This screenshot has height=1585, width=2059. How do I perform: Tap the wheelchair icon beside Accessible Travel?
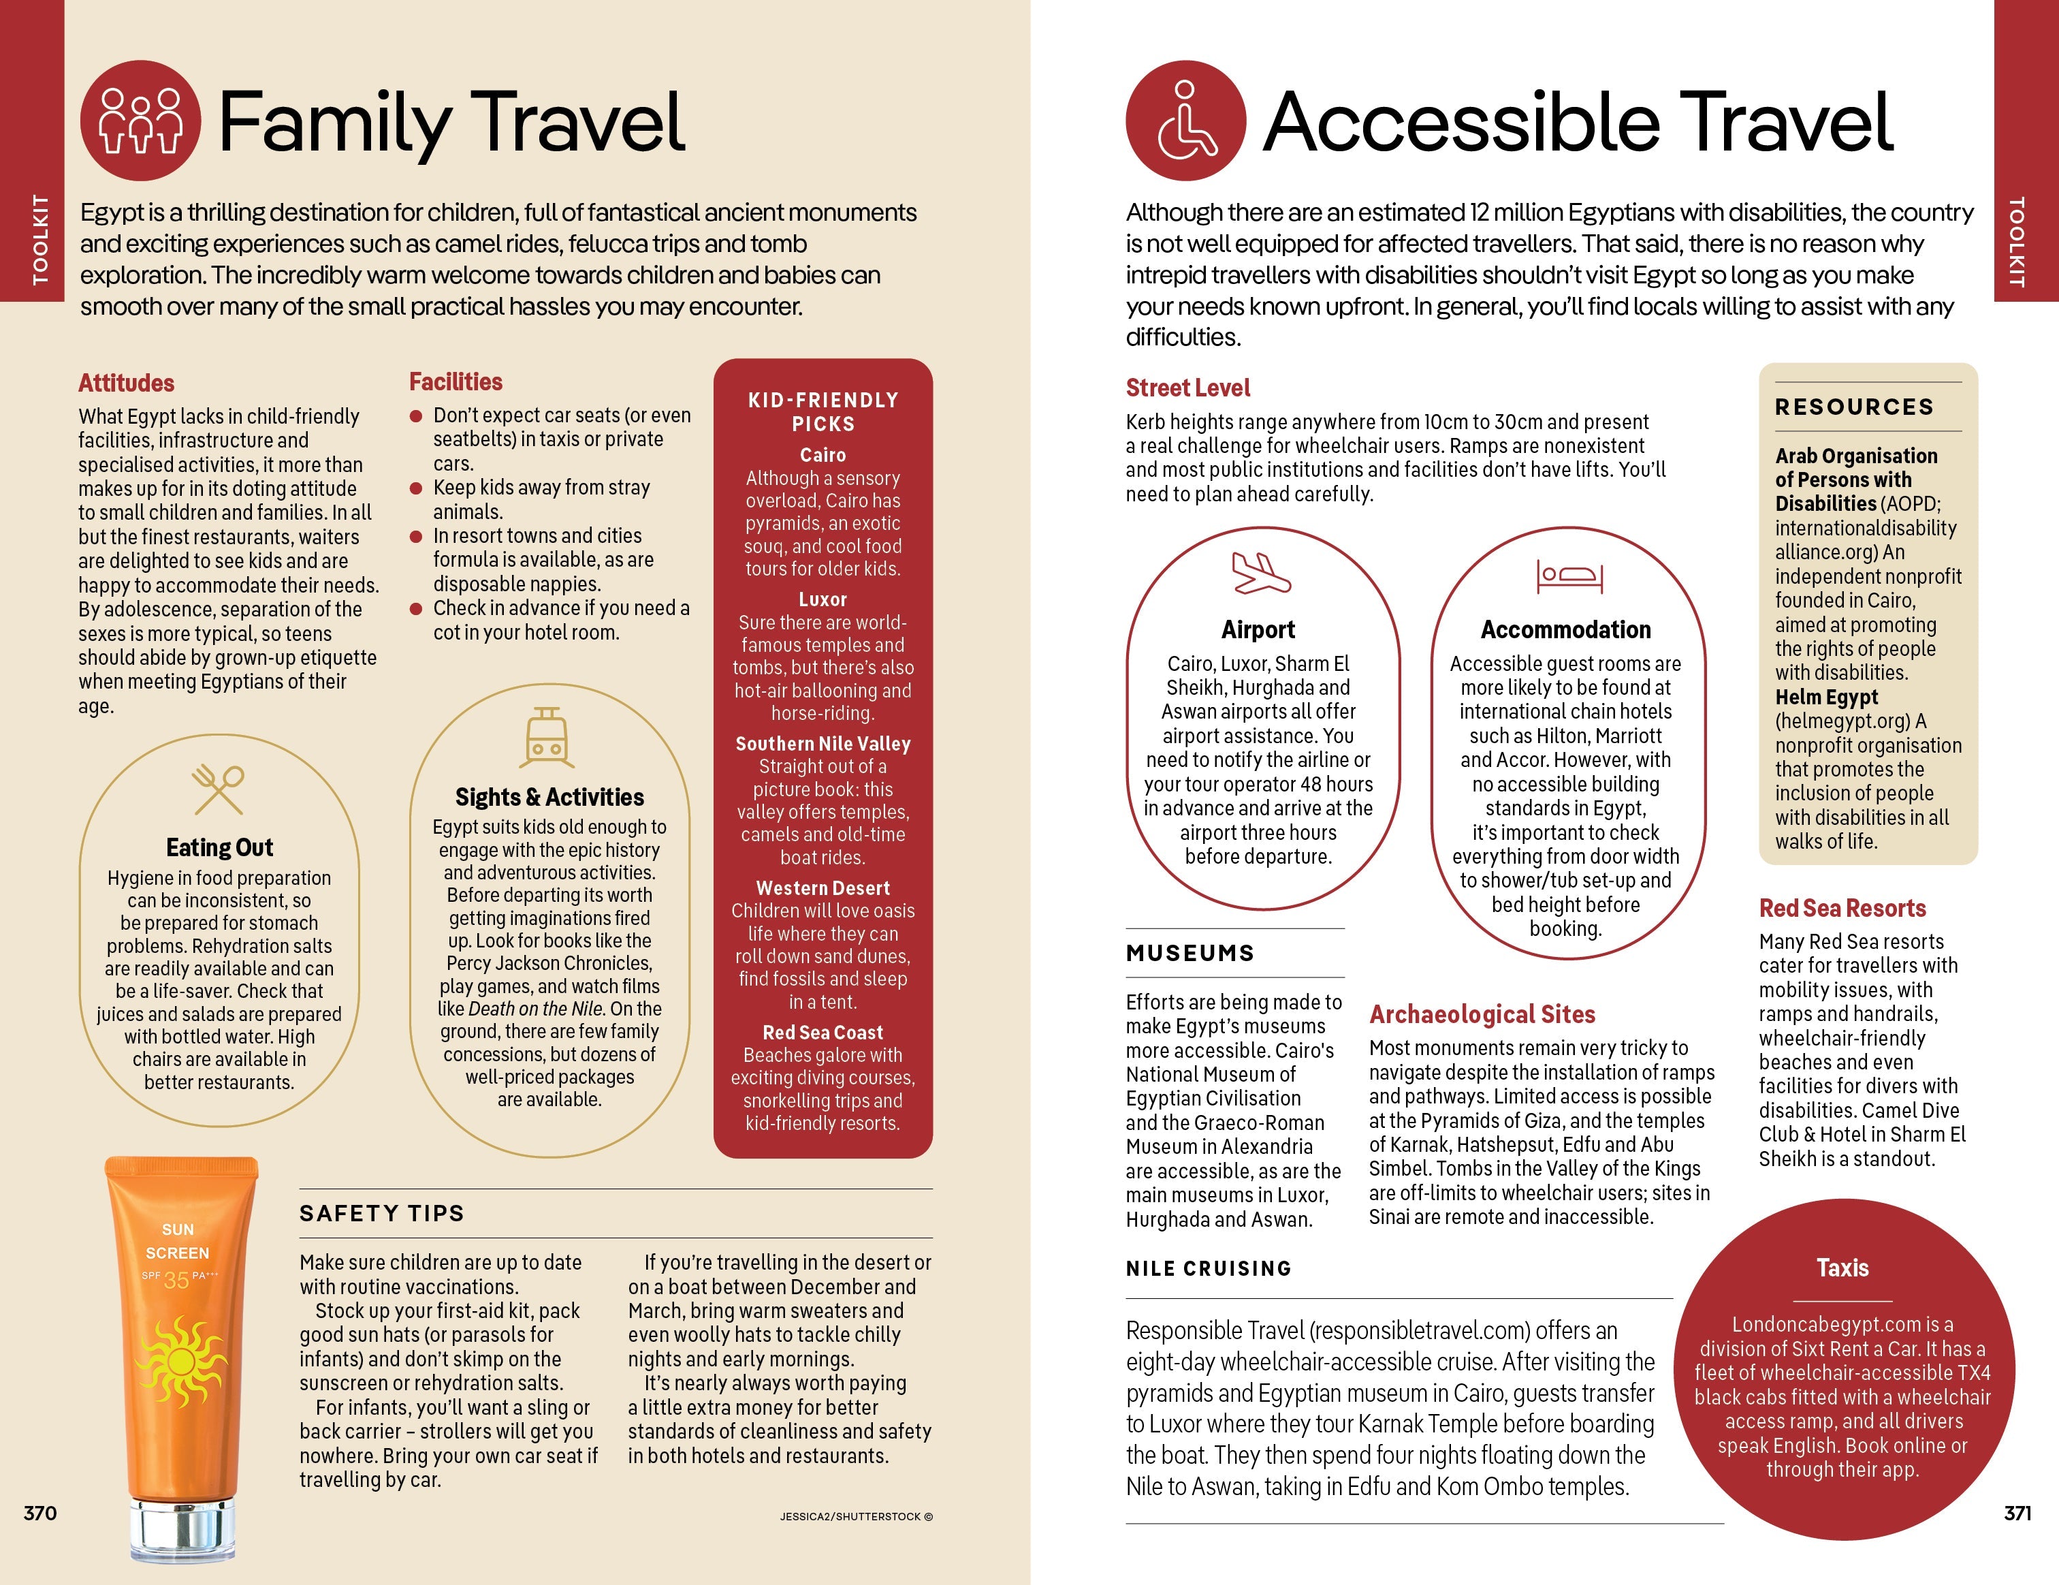point(1185,121)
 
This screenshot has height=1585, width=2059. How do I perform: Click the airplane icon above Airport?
point(1260,572)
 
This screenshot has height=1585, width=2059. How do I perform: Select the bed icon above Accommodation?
point(1569,574)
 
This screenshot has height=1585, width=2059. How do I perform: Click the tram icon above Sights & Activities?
point(547,738)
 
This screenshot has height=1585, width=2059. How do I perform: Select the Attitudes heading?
point(127,383)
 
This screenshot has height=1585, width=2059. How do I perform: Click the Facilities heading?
point(456,382)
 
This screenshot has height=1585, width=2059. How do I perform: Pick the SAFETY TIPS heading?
point(382,1214)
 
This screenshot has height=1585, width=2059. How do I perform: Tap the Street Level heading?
point(1187,388)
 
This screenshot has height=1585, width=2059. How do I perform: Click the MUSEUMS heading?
point(1190,954)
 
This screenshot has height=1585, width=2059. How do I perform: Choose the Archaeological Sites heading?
point(1482,1015)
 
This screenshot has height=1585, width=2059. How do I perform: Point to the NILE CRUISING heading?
point(1209,1268)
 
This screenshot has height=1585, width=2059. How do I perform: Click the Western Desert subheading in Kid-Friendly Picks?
point(822,888)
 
